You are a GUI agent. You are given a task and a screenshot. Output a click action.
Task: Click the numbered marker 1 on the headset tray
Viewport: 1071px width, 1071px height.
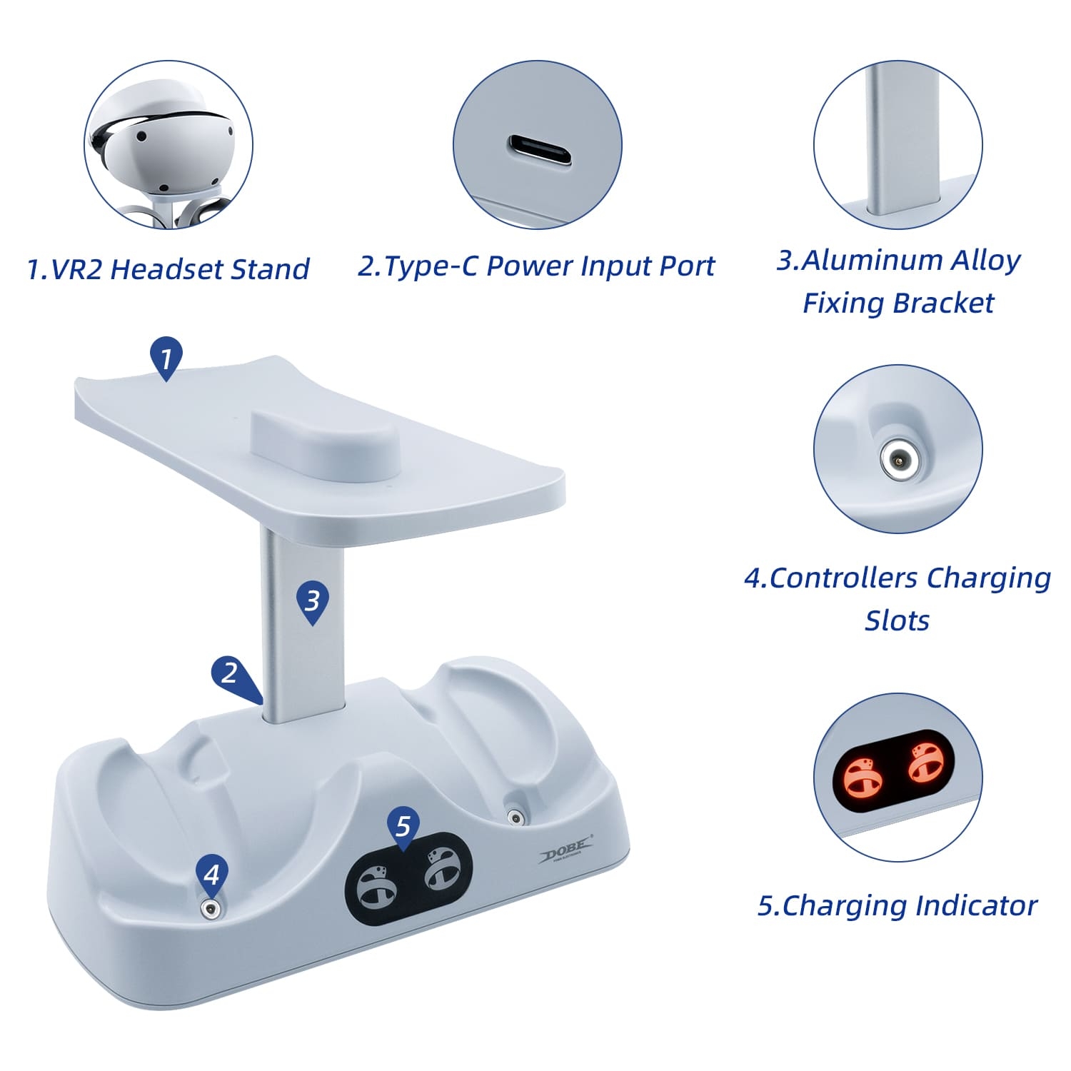[166, 357]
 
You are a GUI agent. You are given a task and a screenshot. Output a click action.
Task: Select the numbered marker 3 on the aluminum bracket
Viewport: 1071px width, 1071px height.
[312, 602]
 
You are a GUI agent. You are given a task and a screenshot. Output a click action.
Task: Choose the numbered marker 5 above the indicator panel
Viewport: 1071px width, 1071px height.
[403, 828]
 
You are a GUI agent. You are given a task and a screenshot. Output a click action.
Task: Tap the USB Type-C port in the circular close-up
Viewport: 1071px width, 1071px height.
[540, 150]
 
